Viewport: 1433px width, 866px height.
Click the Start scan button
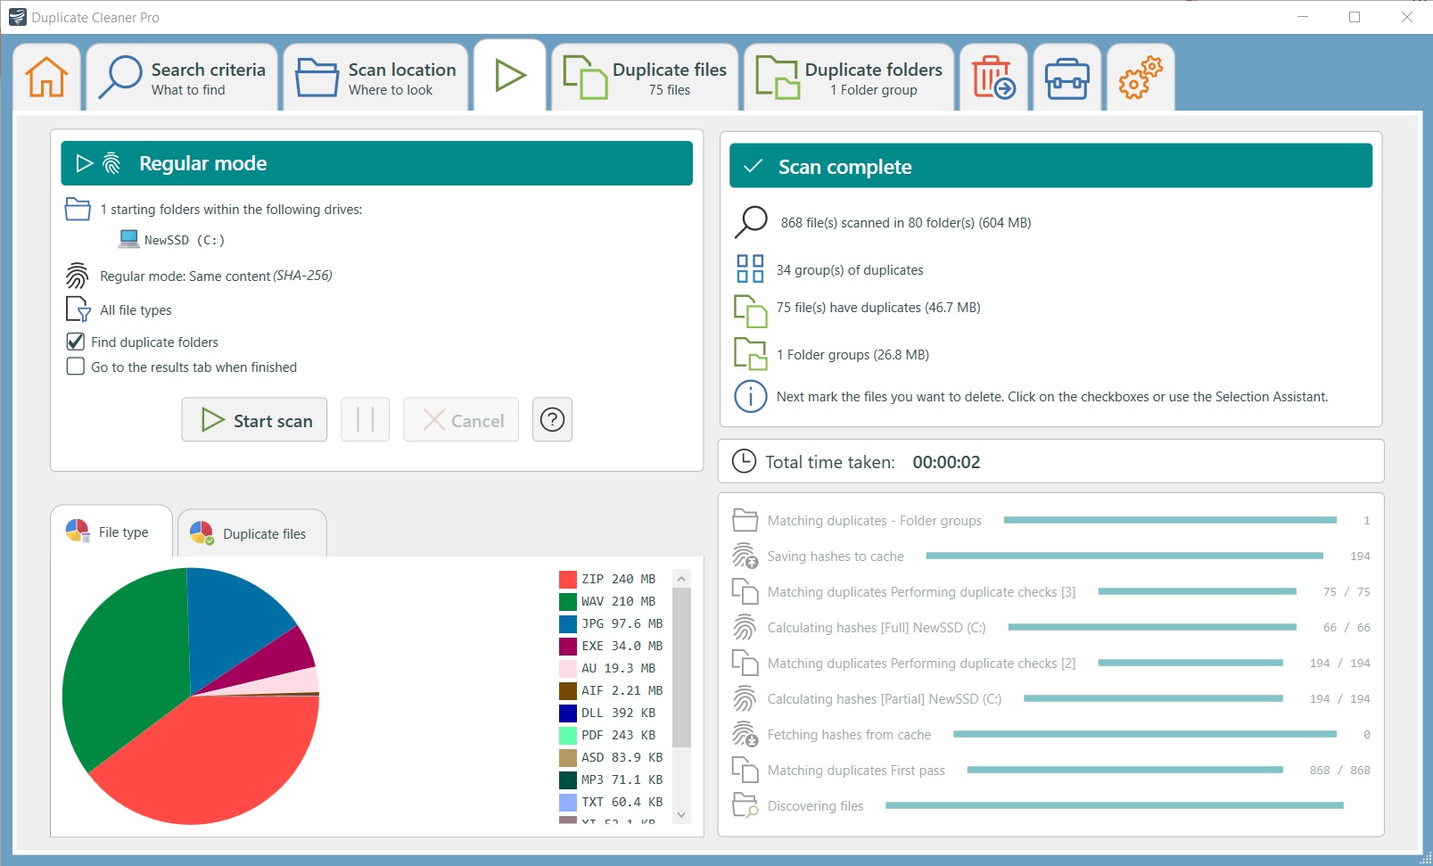pyautogui.click(x=254, y=420)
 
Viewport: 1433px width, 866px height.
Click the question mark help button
pyautogui.click(x=552, y=419)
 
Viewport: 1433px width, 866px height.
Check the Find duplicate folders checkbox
pyautogui.click(x=76, y=342)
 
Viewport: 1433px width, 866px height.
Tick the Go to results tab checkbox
pyautogui.click(x=76, y=367)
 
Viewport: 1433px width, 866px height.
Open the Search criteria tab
pyautogui.click(x=182, y=78)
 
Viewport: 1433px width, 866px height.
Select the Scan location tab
pyautogui.click(x=376, y=78)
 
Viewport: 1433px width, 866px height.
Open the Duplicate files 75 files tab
pyautogui.click(x=645, y=78)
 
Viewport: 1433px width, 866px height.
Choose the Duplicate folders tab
pyautogui.click(x=849, y=78)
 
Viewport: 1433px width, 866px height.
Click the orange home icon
pyautogui.click(x=46, y=78)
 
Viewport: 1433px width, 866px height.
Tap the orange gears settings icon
pyautogui.click(x=1141, y=78)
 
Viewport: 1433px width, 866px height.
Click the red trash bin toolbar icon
pyautogui.click(x=992, y=78)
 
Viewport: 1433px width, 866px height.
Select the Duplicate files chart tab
pyautogui.click(x=251, y=533)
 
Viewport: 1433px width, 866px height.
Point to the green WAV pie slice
pyautogui.click(x=116, y=660)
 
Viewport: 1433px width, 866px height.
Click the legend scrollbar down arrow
pyautogui.click(x=681, y=814)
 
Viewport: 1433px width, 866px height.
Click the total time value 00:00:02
pyautogui.click(x=945, y=462)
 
